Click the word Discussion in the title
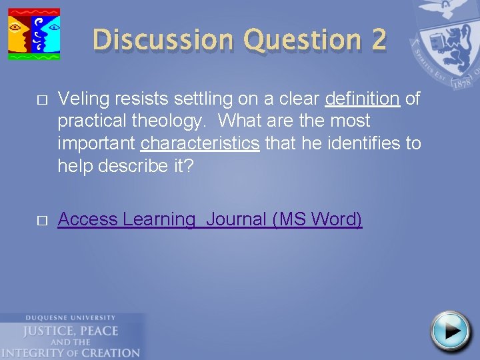click(x=164, y=40)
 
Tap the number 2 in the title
click(x=378, y=40)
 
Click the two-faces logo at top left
click(x=33, y=33)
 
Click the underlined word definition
click(x=362, y=99)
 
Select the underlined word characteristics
click(x=200, y=143)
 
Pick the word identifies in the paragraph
click(x=346, y=143)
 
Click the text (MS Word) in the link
click(x=317, y=219)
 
